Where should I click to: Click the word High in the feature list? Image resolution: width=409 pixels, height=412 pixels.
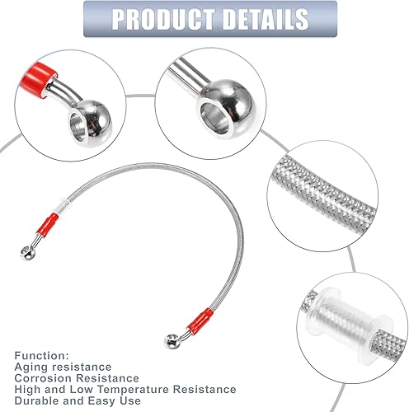coord(28,389)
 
